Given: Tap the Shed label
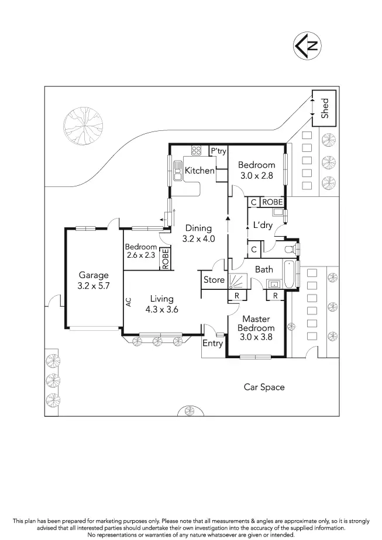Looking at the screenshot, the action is point(325,108).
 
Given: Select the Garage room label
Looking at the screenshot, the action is point(94,275).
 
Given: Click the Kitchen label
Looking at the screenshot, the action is point(199,171).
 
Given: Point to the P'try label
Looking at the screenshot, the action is point(218,151).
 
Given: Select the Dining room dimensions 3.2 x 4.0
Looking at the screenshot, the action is point(199,238).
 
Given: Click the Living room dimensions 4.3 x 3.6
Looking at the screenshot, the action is point(161,310).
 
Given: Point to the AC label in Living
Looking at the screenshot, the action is point(128,302).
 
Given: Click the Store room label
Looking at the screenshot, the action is point(214,280).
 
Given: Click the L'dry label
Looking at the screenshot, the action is point(263,225).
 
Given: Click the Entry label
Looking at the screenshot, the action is point(212,343).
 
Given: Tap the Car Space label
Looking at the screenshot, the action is point(264,387).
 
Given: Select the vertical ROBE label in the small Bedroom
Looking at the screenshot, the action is point(166,259).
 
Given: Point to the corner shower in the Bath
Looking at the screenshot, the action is point(238,281).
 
